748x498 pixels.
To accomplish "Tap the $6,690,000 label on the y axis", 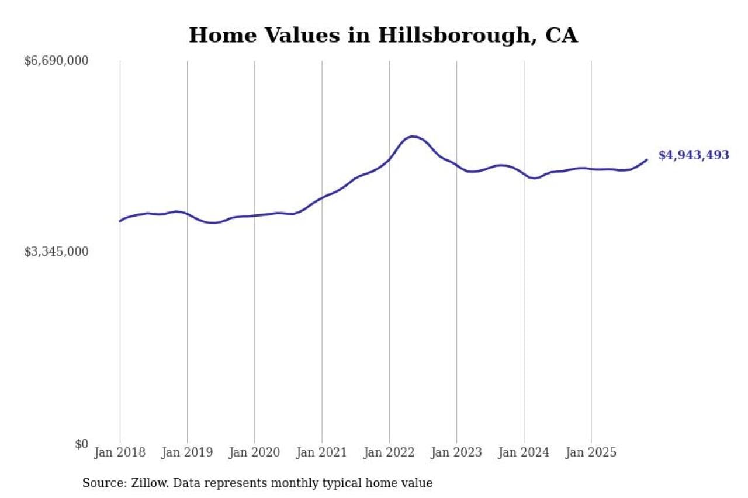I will [56, 61].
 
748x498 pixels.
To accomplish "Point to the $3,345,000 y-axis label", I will [56, 252].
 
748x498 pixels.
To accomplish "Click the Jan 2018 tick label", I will [120, 452].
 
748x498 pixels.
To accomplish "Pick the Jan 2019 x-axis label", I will [187, 452].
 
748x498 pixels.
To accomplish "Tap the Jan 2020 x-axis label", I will [254, 452].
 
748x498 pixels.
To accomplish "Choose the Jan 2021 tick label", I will [321, 452].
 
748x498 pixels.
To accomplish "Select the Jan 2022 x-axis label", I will [389, 452].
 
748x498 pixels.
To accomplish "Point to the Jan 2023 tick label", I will [456, 452].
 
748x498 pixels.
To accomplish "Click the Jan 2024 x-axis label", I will [524, 452].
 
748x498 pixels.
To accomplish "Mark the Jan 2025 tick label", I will [591, 452].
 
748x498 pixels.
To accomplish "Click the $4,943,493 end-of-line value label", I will [694, 155].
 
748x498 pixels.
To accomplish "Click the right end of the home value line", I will [647, 159].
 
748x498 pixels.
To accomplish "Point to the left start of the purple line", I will [120, 221].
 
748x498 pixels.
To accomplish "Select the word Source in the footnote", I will [101, 483].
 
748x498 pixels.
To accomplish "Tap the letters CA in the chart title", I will [561, 36].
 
